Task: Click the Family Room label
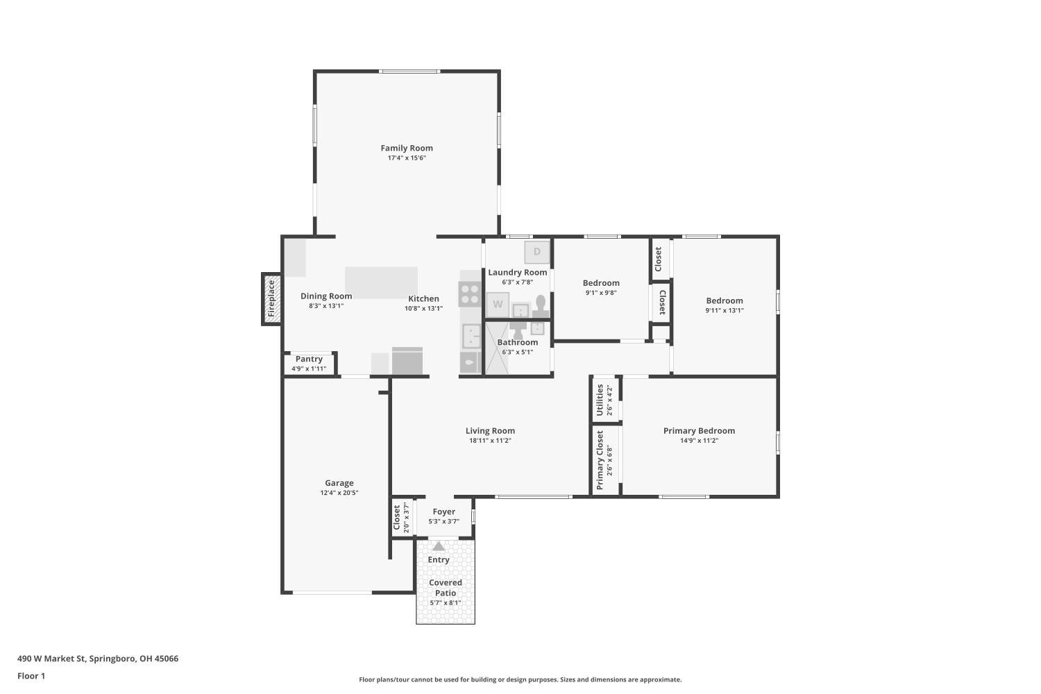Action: point(407,149)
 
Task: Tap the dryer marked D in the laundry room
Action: point(536,252)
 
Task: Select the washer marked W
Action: point(498,305)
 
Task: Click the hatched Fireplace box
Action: point(271,299)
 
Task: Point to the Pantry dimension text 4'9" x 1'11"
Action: point(309,369)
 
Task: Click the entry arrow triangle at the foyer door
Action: point(439,546)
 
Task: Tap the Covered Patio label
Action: point(446,588)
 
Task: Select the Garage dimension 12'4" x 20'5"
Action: point(339,493)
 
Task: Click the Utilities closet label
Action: point(600,400)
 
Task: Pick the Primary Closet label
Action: point(600,459)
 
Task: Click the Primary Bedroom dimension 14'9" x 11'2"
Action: point(699,441)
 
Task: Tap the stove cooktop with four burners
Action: point(470,294)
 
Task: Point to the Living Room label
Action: point(490,431)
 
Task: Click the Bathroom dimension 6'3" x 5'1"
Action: point(517,353)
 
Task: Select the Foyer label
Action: point(444,511)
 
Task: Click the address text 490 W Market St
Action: point(51,659)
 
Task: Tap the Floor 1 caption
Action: point(31,677)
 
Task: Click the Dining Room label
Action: point(326,296)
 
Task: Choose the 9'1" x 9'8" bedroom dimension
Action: point(601,293)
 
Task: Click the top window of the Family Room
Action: point(409,71)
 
